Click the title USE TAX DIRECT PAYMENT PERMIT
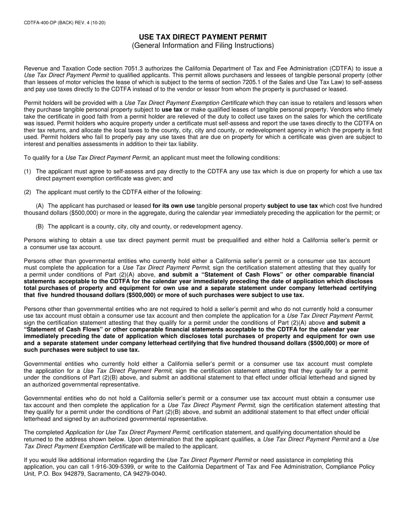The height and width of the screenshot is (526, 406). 203,37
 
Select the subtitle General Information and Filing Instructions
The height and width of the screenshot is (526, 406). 203,46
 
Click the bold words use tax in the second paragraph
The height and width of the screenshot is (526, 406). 172,109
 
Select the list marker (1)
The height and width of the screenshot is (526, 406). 27,171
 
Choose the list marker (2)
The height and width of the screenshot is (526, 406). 27,192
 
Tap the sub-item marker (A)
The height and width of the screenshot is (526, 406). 40,206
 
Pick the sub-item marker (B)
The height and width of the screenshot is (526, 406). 40,226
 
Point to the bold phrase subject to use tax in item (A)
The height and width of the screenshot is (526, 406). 292,206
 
